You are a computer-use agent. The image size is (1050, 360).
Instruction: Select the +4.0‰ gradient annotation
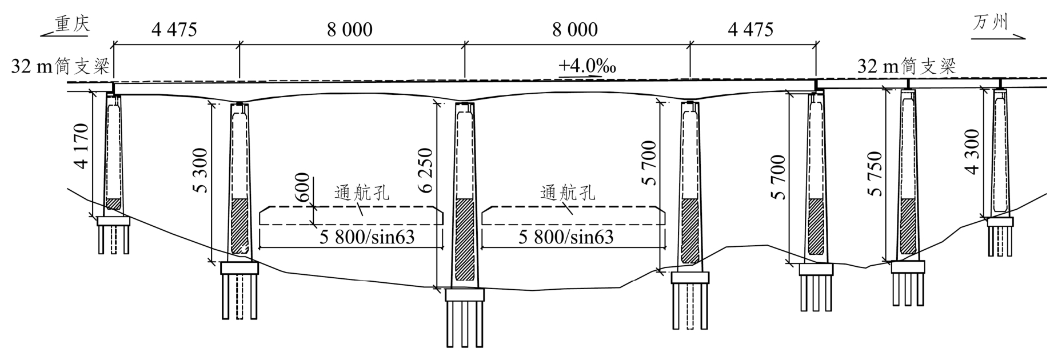click(x=587, y=66)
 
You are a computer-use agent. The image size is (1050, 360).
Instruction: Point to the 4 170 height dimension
click(x=81, y=146)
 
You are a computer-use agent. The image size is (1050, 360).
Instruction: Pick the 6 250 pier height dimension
click(x=425, y=170)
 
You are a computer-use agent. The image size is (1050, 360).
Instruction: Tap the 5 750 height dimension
click(x=875, y=174)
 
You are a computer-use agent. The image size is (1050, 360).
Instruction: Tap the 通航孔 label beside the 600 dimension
click(x=362, y=193)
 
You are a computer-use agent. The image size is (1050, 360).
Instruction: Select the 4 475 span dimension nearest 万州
click(x=750, y=29)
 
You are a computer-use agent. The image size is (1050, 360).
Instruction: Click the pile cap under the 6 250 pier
click(x=464, y=295)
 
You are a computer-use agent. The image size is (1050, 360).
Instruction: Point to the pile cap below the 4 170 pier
click(x=114, y=221)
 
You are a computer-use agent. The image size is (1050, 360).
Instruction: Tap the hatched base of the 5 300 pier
click(x=240, y=226)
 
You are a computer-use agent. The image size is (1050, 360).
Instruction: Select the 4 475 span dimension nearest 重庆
click(x=174, y=29)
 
